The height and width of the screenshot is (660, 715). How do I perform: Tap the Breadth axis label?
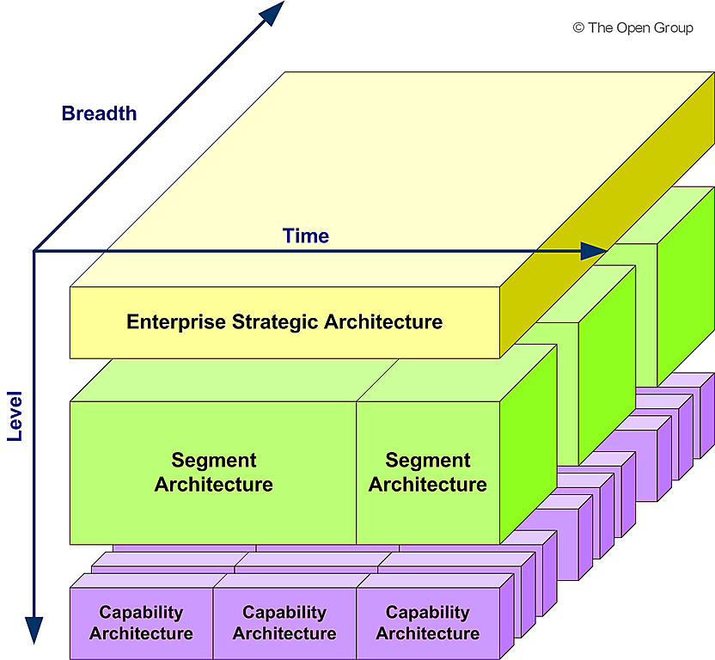tap(99, 113)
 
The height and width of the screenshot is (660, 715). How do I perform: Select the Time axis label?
tap(306, 235)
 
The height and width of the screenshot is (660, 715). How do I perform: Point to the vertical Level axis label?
tap(15, 416)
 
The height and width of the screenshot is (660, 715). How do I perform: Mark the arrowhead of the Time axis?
tap(595, 251)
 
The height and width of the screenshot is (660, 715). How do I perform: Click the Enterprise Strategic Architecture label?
tap(284, 322)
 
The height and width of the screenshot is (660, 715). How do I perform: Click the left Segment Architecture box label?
tap(213, 473)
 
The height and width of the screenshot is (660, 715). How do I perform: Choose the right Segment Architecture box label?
tap(427, 473)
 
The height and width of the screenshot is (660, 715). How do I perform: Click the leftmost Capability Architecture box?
tap(141, 623)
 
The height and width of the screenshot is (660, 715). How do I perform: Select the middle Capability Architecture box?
tap(284, 623)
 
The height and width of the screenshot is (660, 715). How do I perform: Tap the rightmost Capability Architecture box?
tap(427, 623)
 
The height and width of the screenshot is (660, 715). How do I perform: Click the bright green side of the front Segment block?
tap(528, 447)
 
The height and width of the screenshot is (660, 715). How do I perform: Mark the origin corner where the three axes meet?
tap(34, 251)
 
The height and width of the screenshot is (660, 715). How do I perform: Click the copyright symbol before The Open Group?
tap(578, 28)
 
